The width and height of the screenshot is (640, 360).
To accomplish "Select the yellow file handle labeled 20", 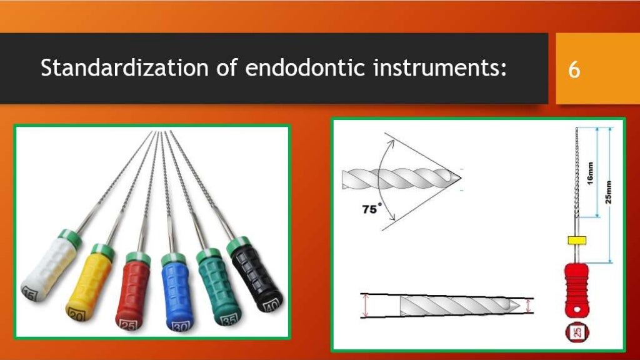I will [89, 280].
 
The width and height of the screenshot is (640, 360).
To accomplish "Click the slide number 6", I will [574, 69].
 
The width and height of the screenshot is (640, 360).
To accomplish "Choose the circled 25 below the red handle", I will [577, 331].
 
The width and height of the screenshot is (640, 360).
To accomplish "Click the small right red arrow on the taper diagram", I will [528, 306].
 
